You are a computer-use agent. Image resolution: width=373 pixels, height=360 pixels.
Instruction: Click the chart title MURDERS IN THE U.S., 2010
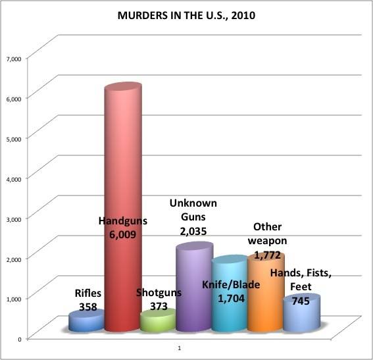(x=186, y=15)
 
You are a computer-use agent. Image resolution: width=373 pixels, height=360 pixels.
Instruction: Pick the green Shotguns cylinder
(x=158, y=321)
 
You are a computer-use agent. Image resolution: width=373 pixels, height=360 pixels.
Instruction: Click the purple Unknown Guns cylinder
(x=195, y=287)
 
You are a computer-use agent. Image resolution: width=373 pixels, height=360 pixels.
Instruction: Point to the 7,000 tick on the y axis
(x=14, y=59)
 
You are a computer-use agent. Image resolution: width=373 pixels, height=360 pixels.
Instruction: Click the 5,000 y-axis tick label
(x=14, y=139)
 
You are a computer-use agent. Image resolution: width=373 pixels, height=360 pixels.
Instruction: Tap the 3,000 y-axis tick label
(x=14, y=219)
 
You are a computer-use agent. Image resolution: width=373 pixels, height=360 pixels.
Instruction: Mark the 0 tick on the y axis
(x=20, y=339)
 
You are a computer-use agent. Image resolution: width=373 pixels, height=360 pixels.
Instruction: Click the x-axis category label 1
(x=180, y=348)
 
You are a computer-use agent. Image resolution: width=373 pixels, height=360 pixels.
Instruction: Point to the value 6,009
(x=123, y=234)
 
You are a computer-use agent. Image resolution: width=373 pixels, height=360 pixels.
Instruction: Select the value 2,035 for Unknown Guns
(x=193, y=231)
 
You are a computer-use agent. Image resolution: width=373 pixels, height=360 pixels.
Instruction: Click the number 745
(x=301, y=301)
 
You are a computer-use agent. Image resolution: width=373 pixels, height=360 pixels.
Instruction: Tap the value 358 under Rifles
(x=88, y=307)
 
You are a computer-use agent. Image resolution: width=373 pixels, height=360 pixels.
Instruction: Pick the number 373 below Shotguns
(x=159, y=306)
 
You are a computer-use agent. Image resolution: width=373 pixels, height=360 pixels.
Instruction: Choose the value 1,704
(x=231, y=298)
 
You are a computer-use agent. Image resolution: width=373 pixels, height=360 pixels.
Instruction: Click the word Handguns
(x=123, y=221)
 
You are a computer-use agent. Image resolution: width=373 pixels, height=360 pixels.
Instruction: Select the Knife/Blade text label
(x=231, y=285)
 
